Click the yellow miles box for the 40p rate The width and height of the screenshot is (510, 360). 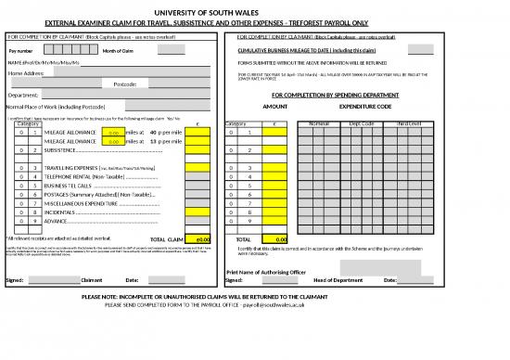pos(112,133)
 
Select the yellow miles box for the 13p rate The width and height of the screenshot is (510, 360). pos(112,141)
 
